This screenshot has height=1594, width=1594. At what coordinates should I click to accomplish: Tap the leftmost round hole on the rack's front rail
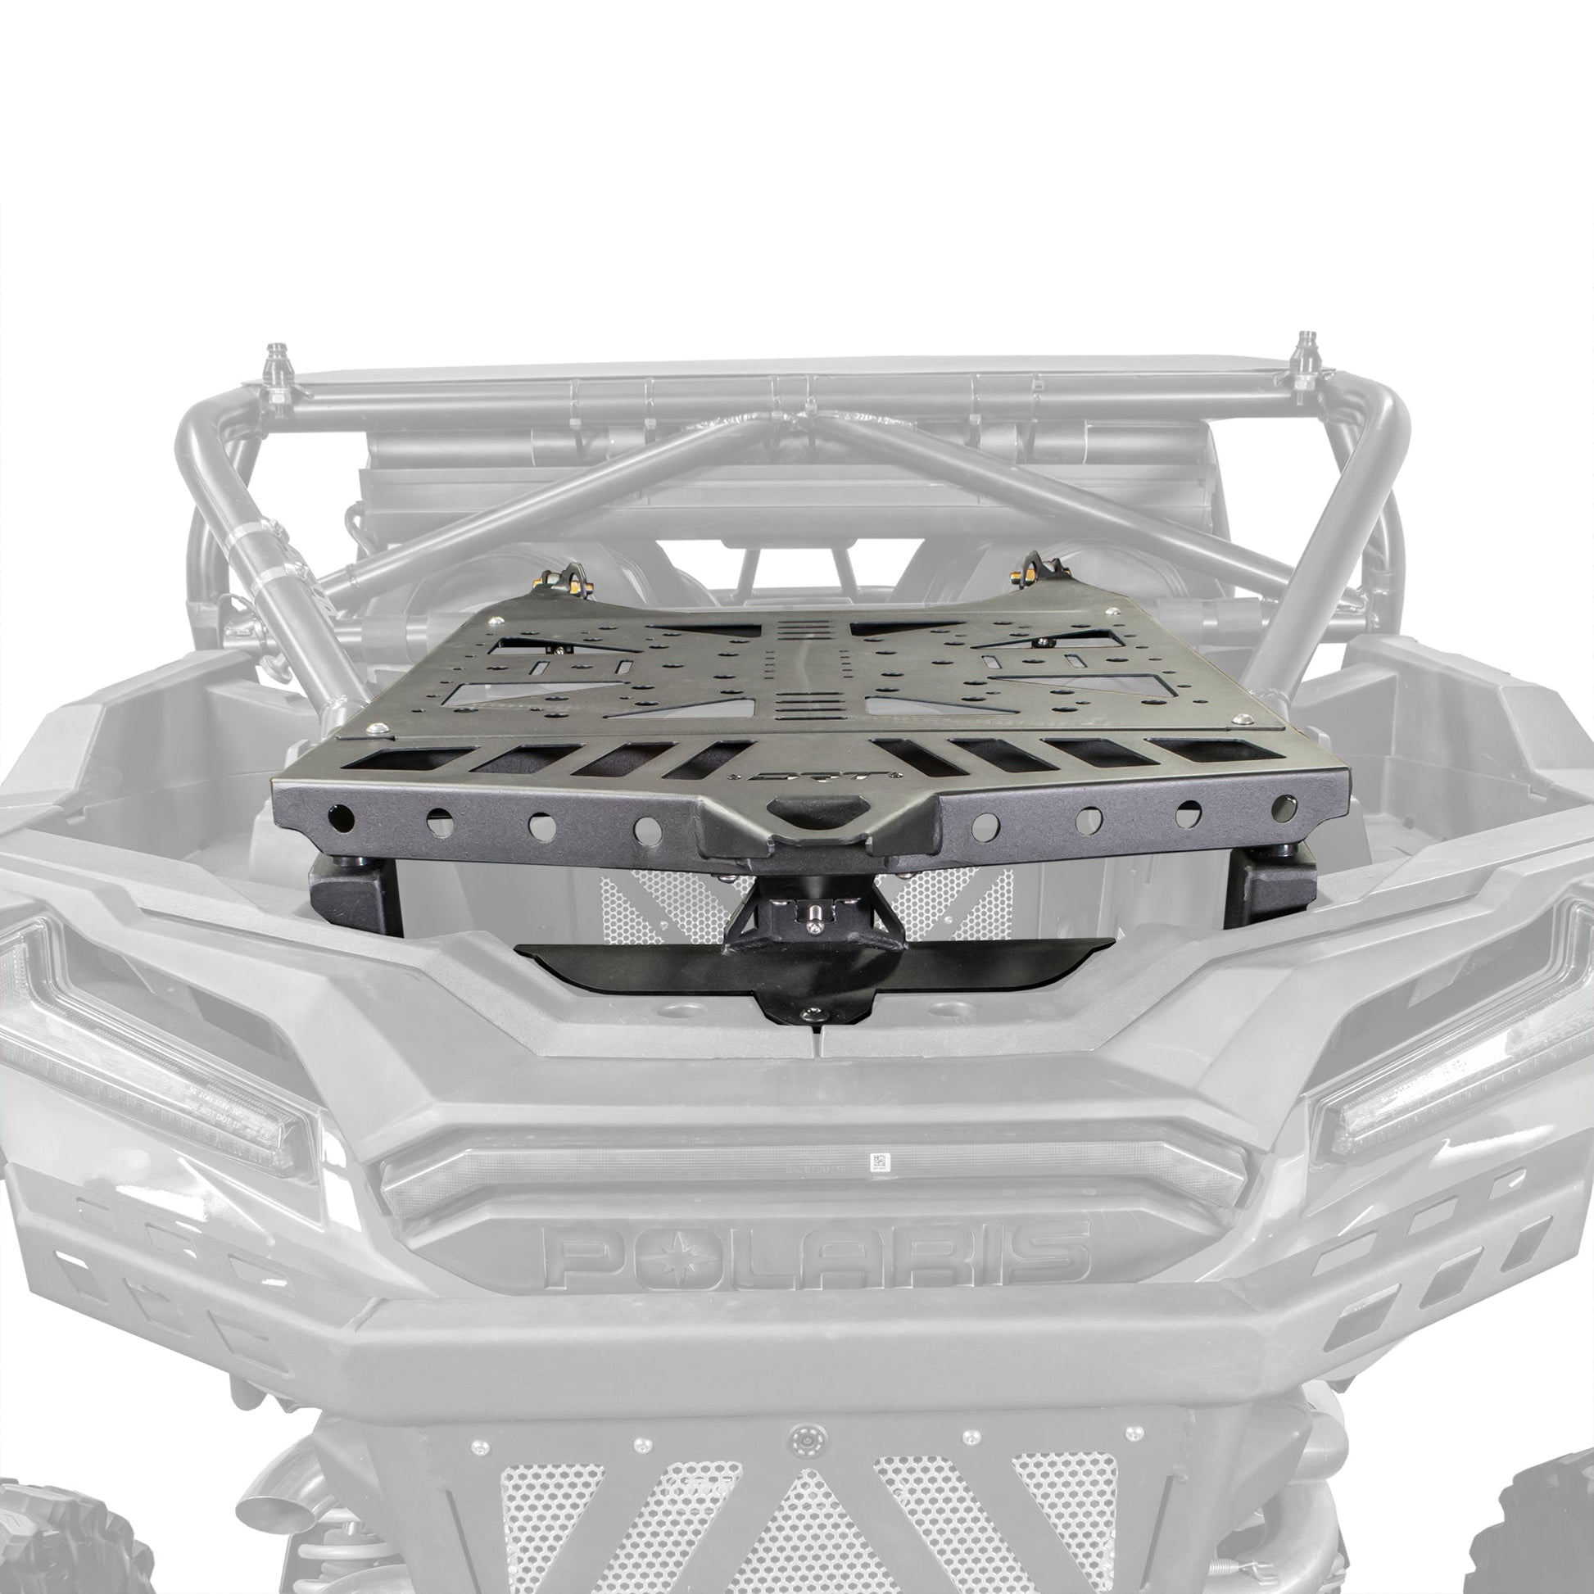coord(342,818)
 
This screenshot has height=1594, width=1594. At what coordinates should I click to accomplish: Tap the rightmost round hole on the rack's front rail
coord(1284,808)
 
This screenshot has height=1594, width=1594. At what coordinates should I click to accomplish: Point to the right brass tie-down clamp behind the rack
coord(1035,569)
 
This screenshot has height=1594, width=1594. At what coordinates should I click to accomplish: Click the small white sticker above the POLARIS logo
coord(881,1162)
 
